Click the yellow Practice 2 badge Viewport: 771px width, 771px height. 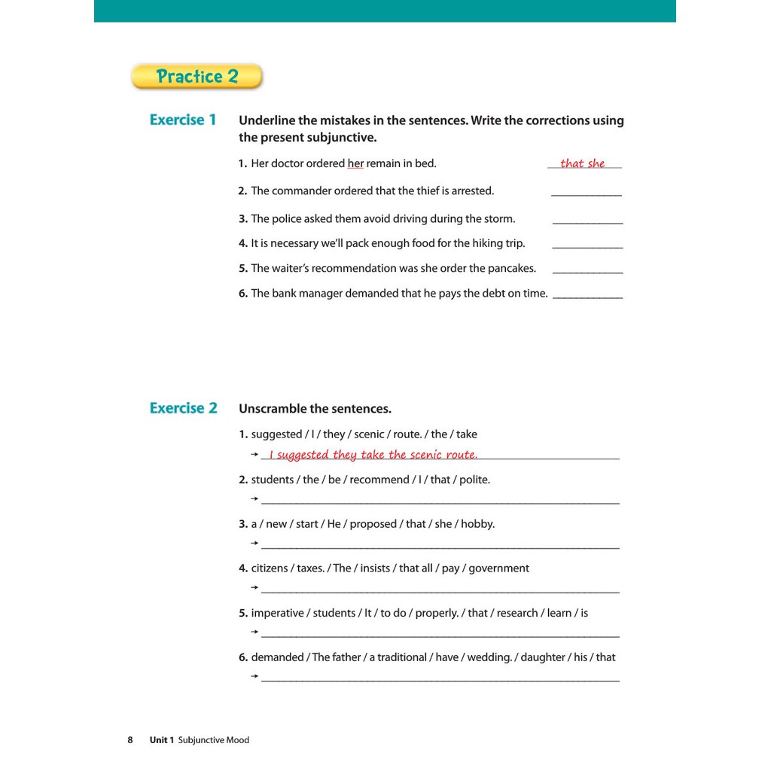coord(197,76)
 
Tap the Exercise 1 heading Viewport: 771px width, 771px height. coord(183,120)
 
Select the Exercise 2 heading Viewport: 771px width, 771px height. coord(183,408)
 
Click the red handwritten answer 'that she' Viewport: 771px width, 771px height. coord(582,163)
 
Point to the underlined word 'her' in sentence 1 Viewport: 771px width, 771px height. coord(355,163)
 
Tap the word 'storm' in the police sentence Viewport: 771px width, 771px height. coord(498,219)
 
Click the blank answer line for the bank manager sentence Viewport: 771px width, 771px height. coord(587,297)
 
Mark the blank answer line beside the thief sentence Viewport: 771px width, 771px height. coord(587,195)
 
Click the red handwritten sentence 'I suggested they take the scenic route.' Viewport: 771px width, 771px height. coord(373,455)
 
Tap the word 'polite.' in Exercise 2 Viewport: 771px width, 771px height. coord(474,480)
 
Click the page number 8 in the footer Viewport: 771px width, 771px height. coord(130,740)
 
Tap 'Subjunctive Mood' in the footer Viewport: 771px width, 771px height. coord(213,740)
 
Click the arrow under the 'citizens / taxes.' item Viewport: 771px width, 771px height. coord(254,587)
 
